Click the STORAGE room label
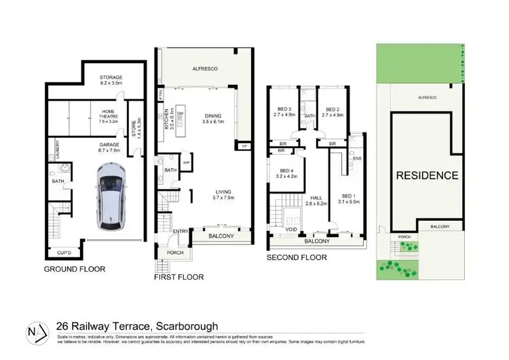(111, 78)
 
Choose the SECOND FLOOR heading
(296, 257)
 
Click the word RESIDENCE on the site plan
(427, 175)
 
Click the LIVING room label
(221, 194)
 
